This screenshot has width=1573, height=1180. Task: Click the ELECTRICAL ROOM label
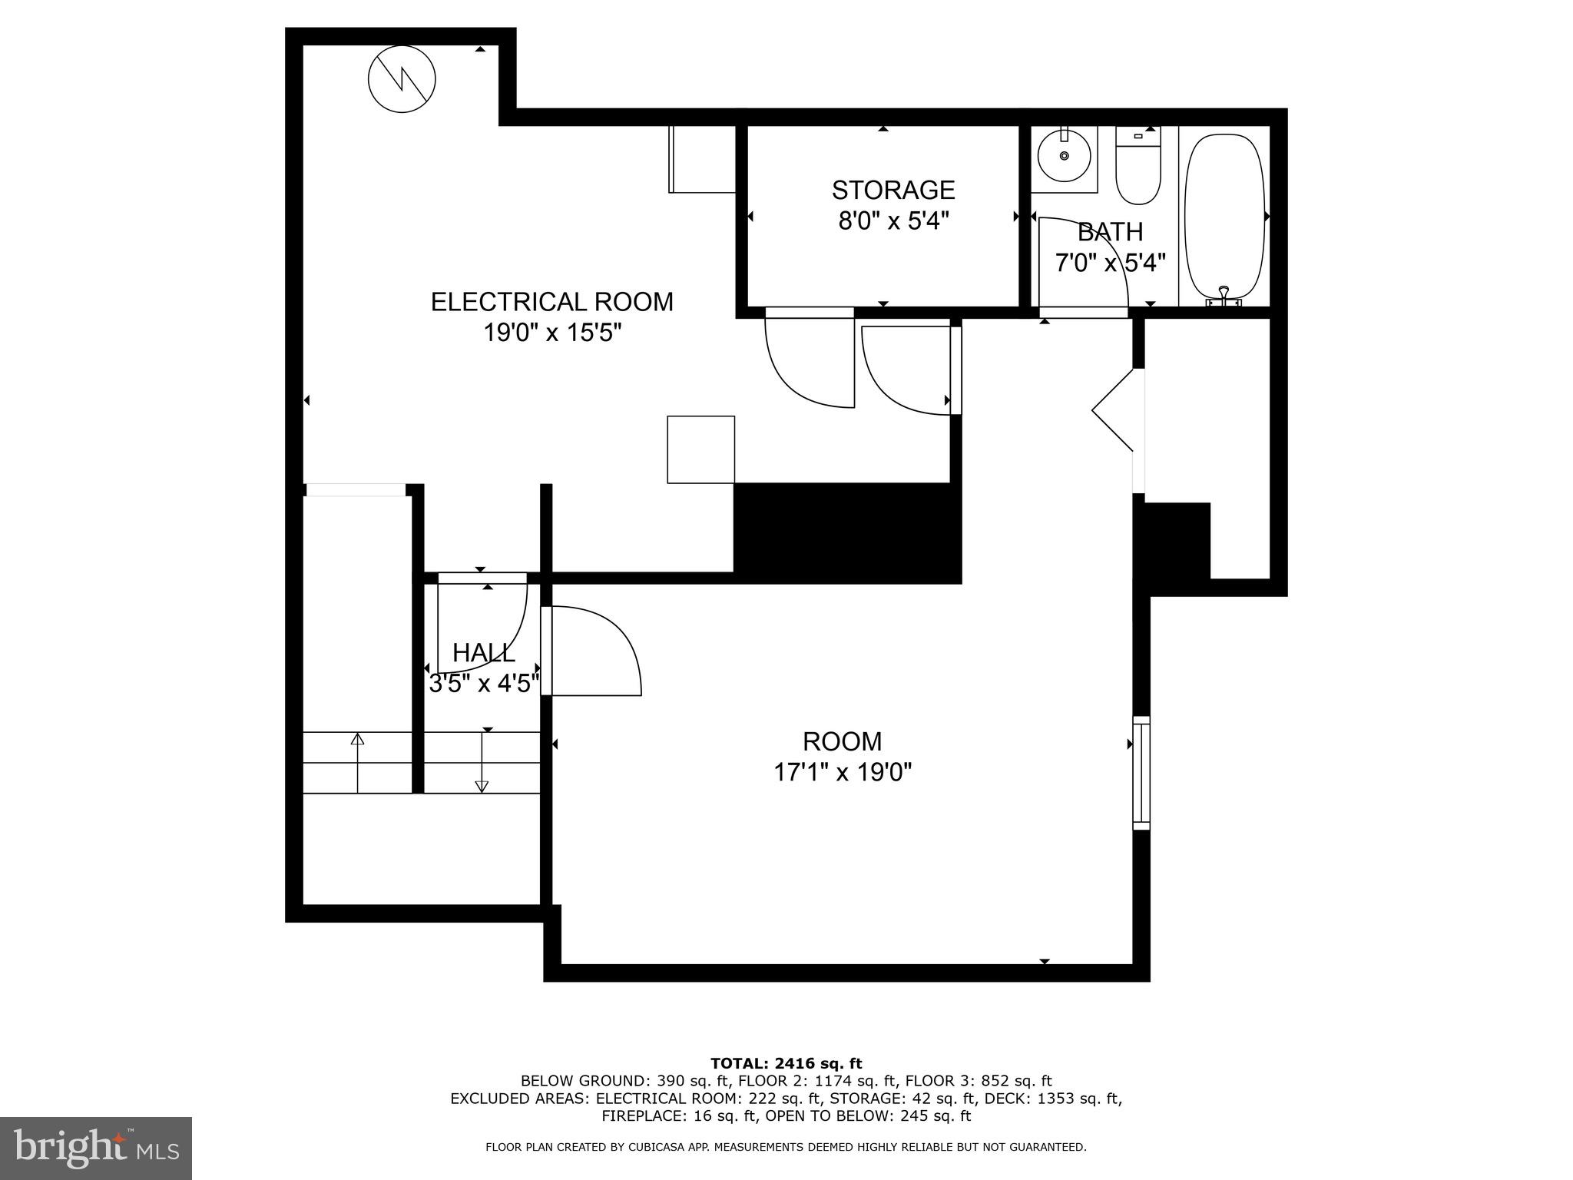[551, 302]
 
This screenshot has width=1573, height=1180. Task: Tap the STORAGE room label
[892, 190]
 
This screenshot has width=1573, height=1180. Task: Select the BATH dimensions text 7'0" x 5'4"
[1110, 264]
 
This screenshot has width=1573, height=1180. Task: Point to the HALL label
[483, 653]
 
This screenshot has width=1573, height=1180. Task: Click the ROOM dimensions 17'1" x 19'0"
[842, 772]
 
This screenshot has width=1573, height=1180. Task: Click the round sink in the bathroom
[1064, 156]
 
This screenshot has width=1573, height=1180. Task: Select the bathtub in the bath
[1225, 219]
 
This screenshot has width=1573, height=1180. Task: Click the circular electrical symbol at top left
[402, 79]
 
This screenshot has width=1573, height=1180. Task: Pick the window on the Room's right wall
[1141, 773]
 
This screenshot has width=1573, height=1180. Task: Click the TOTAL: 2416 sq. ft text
[786, 1063]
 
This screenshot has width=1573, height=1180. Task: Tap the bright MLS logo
[96, 1148]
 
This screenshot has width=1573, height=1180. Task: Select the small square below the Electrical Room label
[700, 449]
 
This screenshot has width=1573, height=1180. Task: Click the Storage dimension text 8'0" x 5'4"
[892, 221]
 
